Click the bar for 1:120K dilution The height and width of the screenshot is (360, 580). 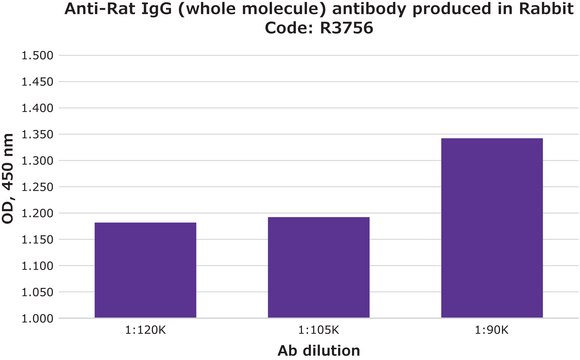tap(145, 270)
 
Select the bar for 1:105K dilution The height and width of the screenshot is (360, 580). tap(319, 267)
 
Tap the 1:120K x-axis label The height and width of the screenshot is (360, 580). tap(145, 330)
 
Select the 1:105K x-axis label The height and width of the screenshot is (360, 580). tap(319, 330)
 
